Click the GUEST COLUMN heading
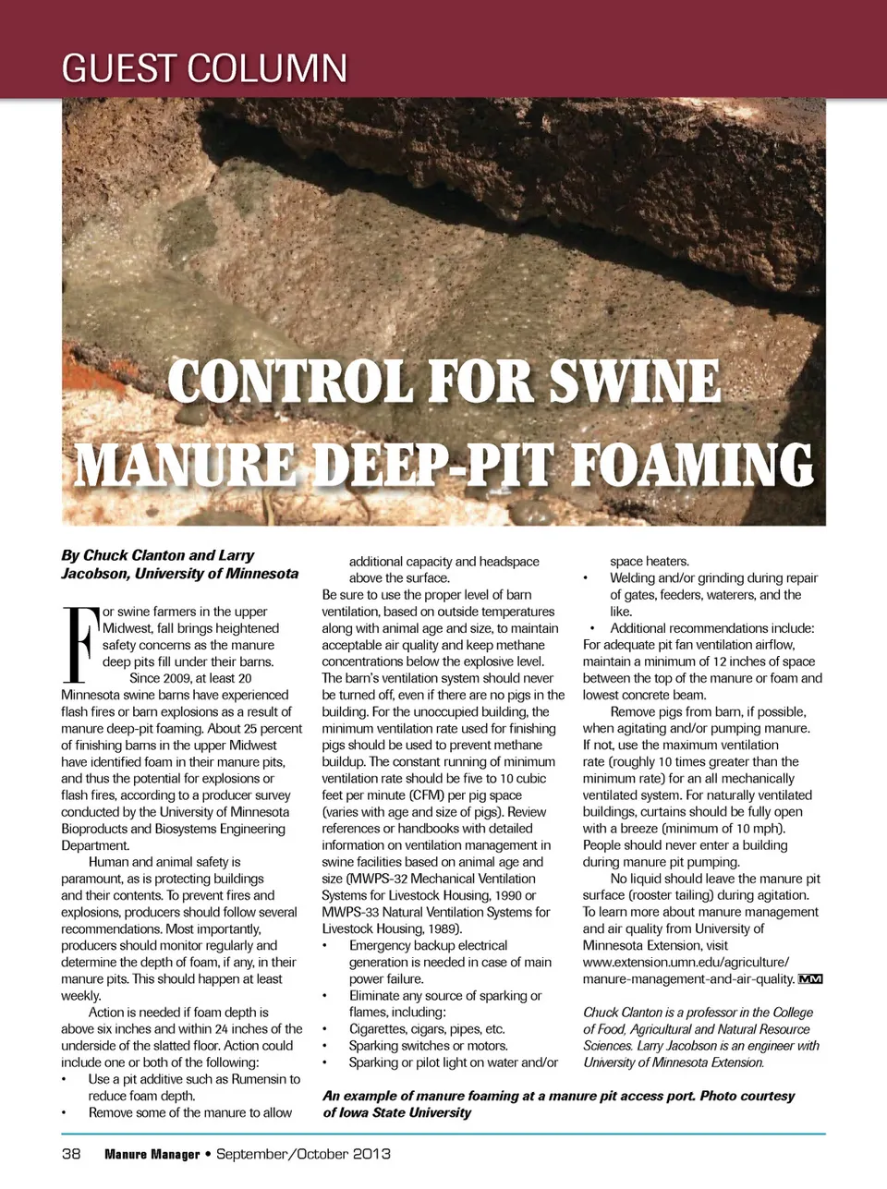204,68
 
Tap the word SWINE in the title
635,381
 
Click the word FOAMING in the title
694,464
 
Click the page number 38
71,1154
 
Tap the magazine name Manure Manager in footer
152,1154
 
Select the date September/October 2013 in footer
303,1154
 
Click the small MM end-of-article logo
810,978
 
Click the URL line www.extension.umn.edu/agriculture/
686,962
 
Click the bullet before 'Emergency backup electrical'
325,946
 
